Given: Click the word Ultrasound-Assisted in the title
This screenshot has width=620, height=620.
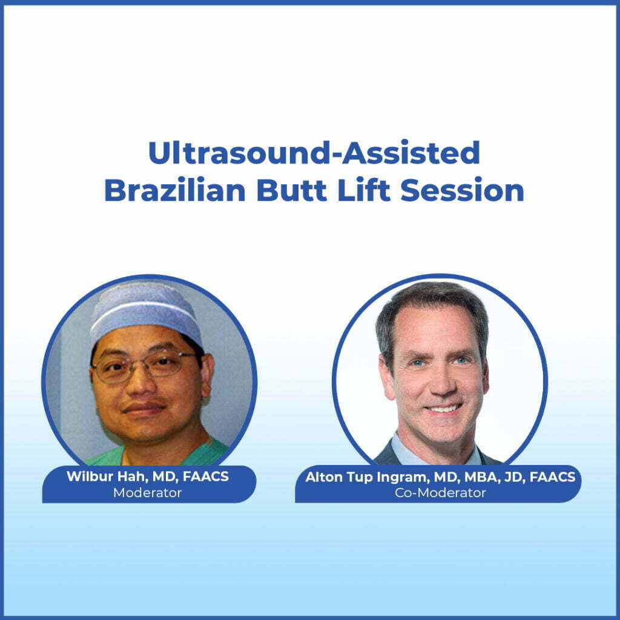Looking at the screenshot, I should tap(314, 154).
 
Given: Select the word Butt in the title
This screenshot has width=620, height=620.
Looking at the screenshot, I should tap(286, 190).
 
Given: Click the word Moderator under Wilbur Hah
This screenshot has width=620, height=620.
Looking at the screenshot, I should tap(147, 493).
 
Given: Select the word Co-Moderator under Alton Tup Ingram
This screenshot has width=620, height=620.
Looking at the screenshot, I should tap(440, 493).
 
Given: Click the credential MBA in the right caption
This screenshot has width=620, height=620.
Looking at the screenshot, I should tap(473, 477).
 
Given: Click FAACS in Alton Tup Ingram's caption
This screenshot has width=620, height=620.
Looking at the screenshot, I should tap(552, 477).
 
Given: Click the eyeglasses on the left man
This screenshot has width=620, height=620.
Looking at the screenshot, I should tap(145, 365).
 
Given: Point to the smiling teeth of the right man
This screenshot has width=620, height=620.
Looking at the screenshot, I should tap(444, 409).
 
